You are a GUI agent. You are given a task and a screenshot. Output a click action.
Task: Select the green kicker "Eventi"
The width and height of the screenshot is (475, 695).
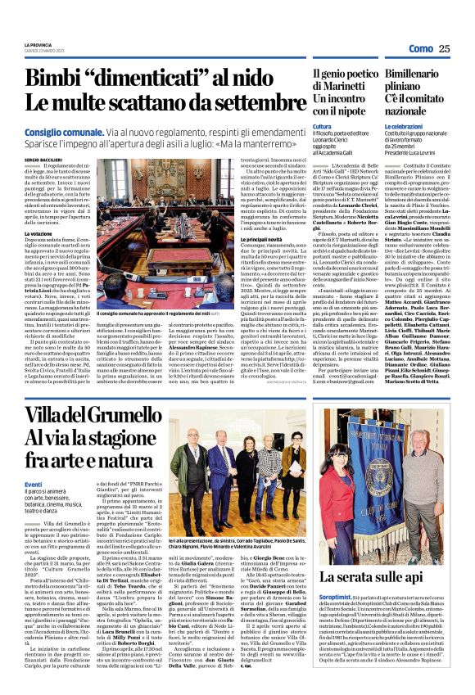34,484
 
